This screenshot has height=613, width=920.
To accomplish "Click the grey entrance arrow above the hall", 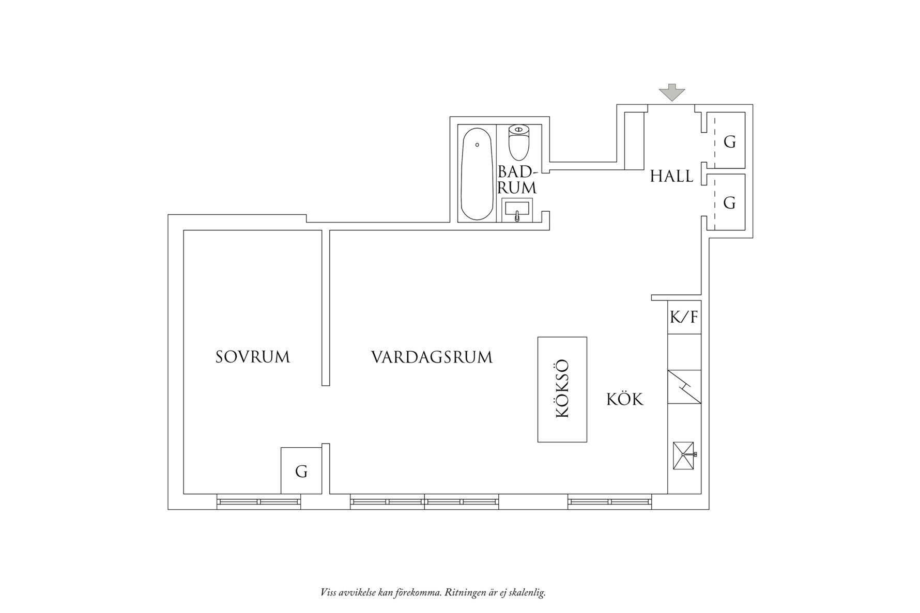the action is pos(671,92).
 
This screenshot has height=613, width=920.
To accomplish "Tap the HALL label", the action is pos(671,177).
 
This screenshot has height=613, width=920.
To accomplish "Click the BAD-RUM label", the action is pos(517,180).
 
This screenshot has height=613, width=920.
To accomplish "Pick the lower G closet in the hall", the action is pos(726,202).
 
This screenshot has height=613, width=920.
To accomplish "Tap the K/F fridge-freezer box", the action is pos(684,317).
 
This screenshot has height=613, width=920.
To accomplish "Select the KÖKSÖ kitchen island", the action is pos(562,389).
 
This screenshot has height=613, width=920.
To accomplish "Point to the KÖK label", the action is pos(625,399).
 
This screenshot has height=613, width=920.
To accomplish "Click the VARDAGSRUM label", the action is pos(432,357).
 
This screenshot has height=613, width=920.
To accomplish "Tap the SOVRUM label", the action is pos(253,357).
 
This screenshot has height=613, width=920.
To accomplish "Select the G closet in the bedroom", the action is pos(301,470).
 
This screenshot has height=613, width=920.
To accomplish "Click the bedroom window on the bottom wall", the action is pos(258,501).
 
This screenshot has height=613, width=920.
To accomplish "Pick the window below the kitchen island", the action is pos(610,501).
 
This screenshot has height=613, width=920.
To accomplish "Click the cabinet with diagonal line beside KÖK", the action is pos(684,387).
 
